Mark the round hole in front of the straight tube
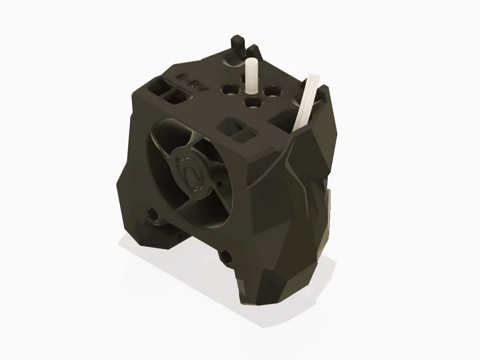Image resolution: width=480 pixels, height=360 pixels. click(x=251, y=103)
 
